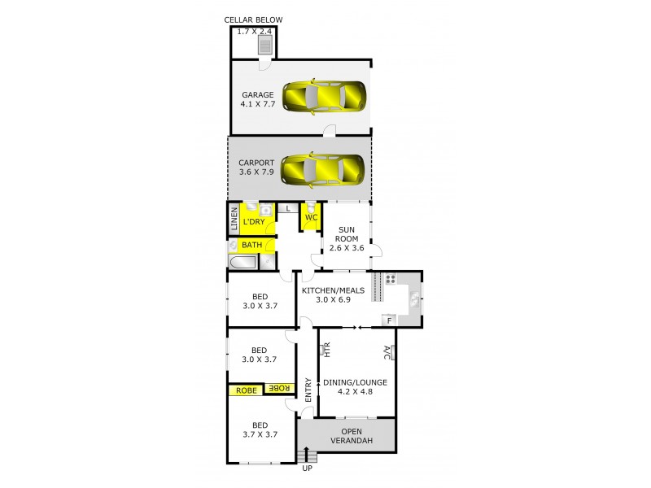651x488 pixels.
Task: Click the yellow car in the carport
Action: [323, 169]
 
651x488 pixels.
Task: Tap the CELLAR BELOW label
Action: [252, 20]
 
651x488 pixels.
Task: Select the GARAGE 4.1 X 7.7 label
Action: [257, 99]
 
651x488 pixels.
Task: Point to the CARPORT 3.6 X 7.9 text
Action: [256, 167]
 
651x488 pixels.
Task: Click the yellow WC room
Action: [311, 216]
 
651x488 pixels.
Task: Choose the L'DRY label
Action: [255, 221]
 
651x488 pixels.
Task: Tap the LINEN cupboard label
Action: [234, 220]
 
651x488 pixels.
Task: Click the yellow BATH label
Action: [251, 244]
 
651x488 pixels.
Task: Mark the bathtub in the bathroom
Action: [242, 262]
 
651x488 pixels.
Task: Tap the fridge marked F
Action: [390, 320]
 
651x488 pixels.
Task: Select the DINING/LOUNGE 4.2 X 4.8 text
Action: [355, 386]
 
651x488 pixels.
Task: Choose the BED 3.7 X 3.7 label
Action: [260, 429]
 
